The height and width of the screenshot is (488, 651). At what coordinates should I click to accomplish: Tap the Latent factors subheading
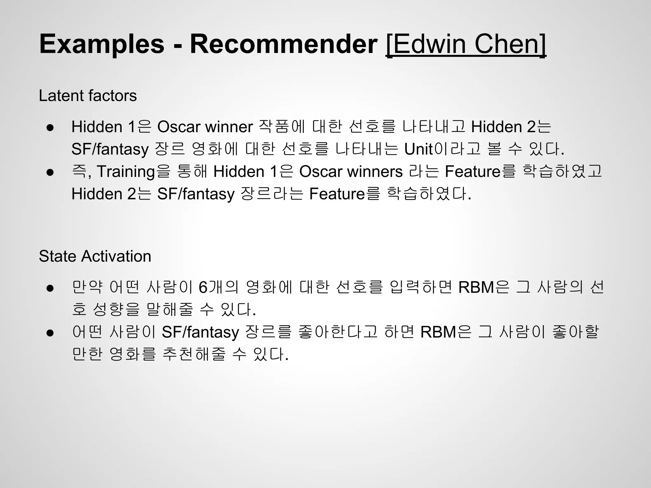pyautogui.click(x=88, y=96)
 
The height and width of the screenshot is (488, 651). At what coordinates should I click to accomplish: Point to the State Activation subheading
pyautogui.click(x=95, y=256)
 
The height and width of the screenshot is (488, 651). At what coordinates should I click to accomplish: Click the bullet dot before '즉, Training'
pyautogui.click(x=50, y=172)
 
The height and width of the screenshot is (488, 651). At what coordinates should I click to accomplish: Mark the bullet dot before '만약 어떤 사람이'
pyautogui.click(x=50, y=288)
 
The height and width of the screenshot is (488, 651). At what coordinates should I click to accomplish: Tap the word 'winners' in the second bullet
pyautogui.click(x=375, y=172)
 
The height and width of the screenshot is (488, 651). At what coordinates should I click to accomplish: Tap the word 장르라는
pyautogui.click(x=272, y=194)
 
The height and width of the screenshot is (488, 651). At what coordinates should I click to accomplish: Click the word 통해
pyautogui.click(x=192, y=172)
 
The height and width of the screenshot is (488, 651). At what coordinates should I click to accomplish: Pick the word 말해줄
pyautogui.click(x=170, y=309)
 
